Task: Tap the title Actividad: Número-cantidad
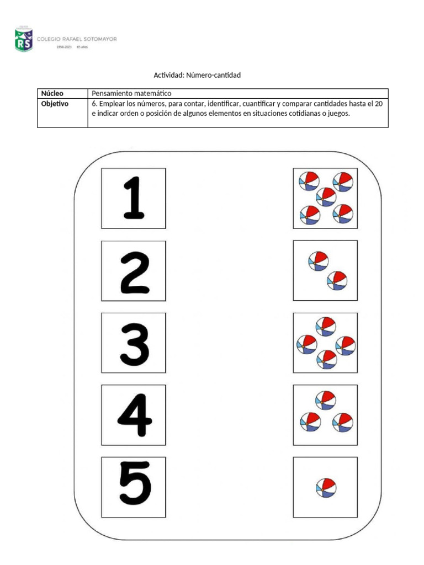(197, 74)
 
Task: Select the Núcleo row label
(52, 93)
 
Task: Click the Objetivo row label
(55, 103)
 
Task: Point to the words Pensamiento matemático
(132, 93)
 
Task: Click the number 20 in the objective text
(378, 103)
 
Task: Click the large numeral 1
(133, 198)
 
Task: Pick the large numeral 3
(134, 343)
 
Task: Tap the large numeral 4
(134, 415)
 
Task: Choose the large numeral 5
(134, 487)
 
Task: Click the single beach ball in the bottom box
(325, 487)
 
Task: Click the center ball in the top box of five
(326, 197)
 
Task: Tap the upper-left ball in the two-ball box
(318, 260)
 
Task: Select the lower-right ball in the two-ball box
(337, 280)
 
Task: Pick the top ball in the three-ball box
(325, 399)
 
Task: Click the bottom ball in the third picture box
(326, 360)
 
